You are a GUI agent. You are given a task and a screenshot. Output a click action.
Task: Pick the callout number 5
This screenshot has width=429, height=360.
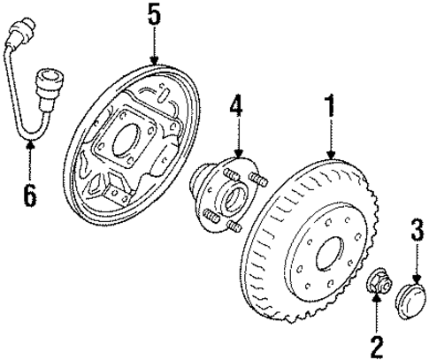[x=154, y=15]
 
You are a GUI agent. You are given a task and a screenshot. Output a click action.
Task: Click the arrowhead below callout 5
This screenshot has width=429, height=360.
[x=154, y=60]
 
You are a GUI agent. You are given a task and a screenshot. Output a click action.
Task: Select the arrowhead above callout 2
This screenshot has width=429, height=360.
[x=376, y=303]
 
